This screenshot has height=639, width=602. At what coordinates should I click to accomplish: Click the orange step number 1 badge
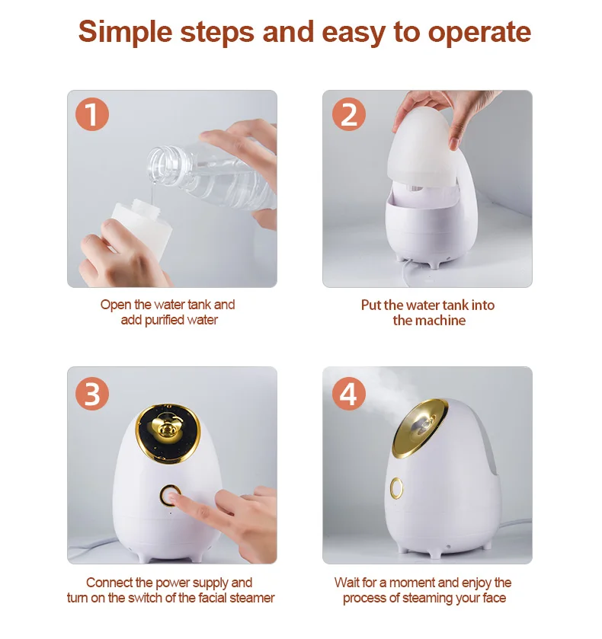tap(91, 115)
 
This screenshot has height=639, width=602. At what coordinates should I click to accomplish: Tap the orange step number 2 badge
tap(348, 115)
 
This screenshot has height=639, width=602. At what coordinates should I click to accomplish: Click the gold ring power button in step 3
tap(170, 496)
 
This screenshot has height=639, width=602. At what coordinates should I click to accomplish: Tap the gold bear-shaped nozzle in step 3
tap(169, 430)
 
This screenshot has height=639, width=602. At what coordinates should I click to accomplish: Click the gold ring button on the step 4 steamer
tap(396, 488)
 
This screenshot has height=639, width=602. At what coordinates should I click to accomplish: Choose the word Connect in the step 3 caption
tap(107, 583)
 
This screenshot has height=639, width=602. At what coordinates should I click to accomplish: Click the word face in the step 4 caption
tap(493, 599)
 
